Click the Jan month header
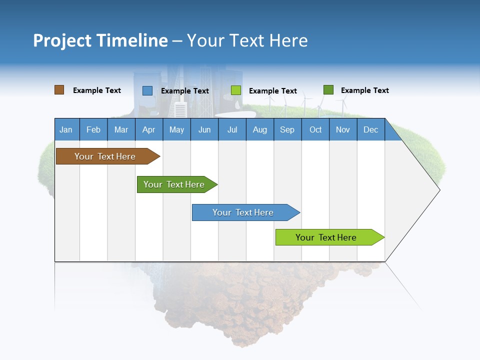(66, 129)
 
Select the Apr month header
(148, 129)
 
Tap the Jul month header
(232, 129)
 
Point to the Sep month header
(287, 129)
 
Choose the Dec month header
(370, 129)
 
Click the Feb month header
(93, 129)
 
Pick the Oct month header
(315, 129)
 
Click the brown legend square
(59, 90)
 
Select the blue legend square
(147, 90)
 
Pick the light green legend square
(236, 90)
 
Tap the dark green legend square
(328, 90)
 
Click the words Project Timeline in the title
(100, 40)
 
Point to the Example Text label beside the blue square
(185, 91)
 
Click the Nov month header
(343, 129)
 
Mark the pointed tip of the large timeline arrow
(438, 190)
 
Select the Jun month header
(204, 129)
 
